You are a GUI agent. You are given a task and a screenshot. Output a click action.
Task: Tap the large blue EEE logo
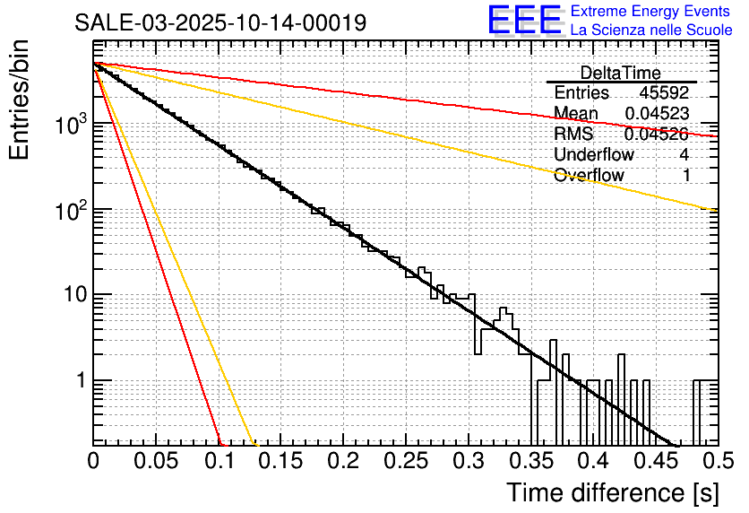point(524,21)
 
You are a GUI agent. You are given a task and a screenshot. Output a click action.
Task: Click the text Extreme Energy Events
point(651,12)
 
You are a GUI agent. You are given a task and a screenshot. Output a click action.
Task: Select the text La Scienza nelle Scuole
point(651,30)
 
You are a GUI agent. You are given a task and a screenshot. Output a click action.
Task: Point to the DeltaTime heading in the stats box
point(620,73)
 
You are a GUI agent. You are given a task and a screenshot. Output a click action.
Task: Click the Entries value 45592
point(664,92)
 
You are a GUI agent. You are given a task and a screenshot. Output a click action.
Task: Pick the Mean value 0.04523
point(657,113)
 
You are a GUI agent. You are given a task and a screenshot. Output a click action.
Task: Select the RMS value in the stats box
point(657,134)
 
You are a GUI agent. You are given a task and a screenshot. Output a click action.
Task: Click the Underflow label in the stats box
point(593,154)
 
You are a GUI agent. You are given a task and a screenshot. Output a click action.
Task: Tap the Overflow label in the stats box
point(589,175)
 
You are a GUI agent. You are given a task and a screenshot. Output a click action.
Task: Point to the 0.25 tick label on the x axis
point(406,461)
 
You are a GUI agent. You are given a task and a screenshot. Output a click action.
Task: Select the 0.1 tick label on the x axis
point(218,461)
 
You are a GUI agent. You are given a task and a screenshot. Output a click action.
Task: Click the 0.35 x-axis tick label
point(530,461)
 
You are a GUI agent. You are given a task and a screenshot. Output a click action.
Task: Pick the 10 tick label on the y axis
point(72,295)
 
